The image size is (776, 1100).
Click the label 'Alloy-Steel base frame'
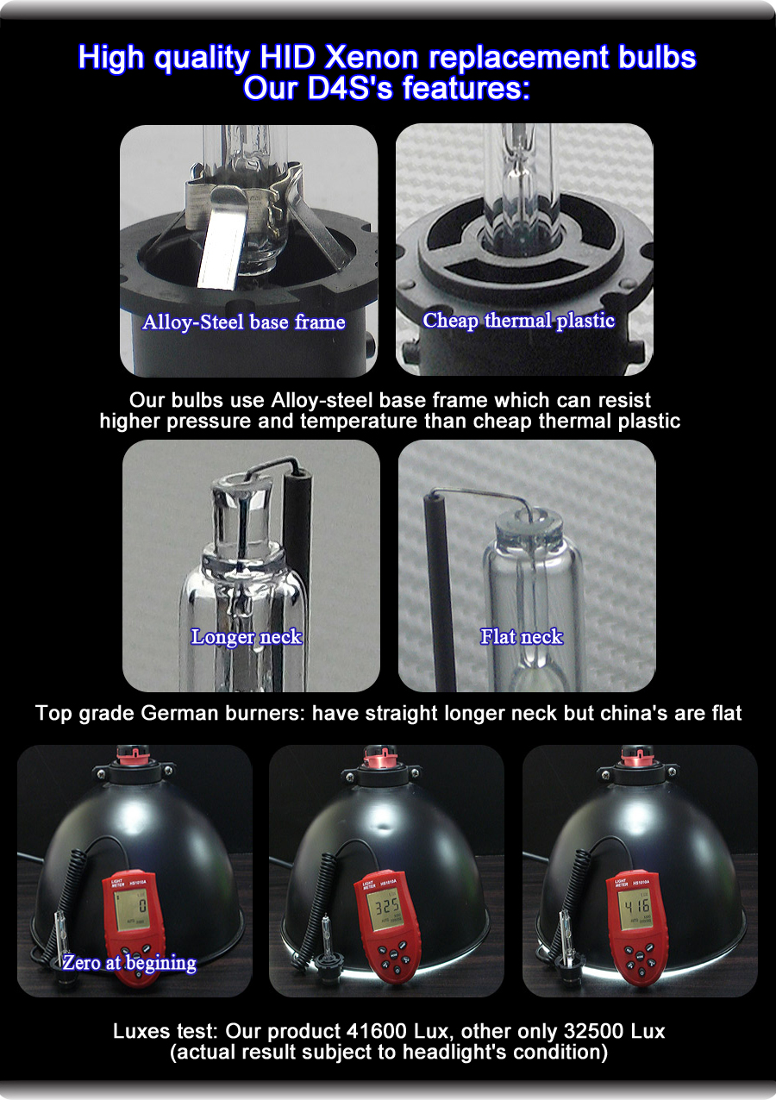244,322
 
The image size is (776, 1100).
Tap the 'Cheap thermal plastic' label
518,321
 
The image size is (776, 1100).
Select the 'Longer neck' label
247,637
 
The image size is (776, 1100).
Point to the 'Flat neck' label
522,637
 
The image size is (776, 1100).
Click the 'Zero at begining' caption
128,963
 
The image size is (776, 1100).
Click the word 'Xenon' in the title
373,58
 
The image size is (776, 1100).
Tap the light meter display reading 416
638,906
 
